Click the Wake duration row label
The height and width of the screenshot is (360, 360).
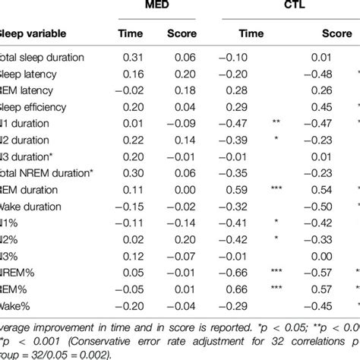(x=32, y=207)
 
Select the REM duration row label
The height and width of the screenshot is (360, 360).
(x=33, y=190)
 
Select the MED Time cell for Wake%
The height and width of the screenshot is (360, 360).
(x=134, y=305)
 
